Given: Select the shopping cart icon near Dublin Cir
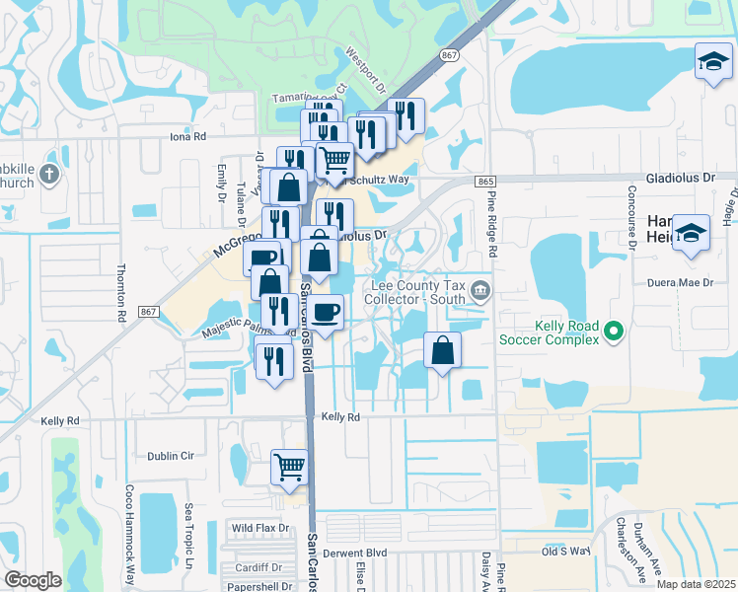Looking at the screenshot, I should pyautogui.click(x=289, y=466).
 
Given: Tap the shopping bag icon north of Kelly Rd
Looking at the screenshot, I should pyautogui.click(x=443, y=349).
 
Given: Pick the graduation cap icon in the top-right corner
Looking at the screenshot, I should pyautogui.click(x=712, y=62).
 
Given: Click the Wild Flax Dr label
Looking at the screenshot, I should pyautogui.click(x=259, y=528).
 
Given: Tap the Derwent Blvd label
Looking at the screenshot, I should pyautogui.click(x=362, y=553).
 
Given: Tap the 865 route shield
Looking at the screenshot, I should pyautogui.click(x=483, y=182).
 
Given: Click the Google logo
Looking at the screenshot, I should pyautogui.click(x=33, y=579).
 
